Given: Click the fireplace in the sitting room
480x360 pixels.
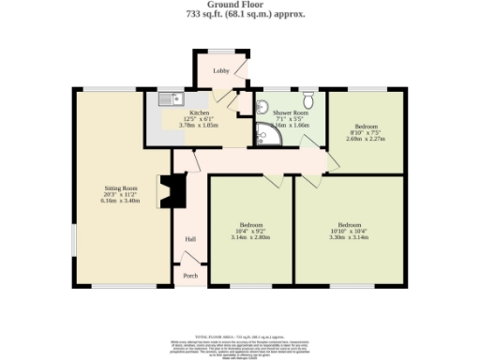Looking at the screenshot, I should point(168,191).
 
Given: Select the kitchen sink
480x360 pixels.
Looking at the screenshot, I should point(172,97).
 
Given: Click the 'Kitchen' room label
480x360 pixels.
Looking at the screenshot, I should point(202,112).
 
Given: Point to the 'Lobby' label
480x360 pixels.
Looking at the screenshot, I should point(221,70).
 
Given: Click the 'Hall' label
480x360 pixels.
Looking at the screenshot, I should point(190,240).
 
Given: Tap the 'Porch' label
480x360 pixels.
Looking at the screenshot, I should point(190,276).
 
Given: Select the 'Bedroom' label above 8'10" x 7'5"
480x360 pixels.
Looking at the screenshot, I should point(365,126).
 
